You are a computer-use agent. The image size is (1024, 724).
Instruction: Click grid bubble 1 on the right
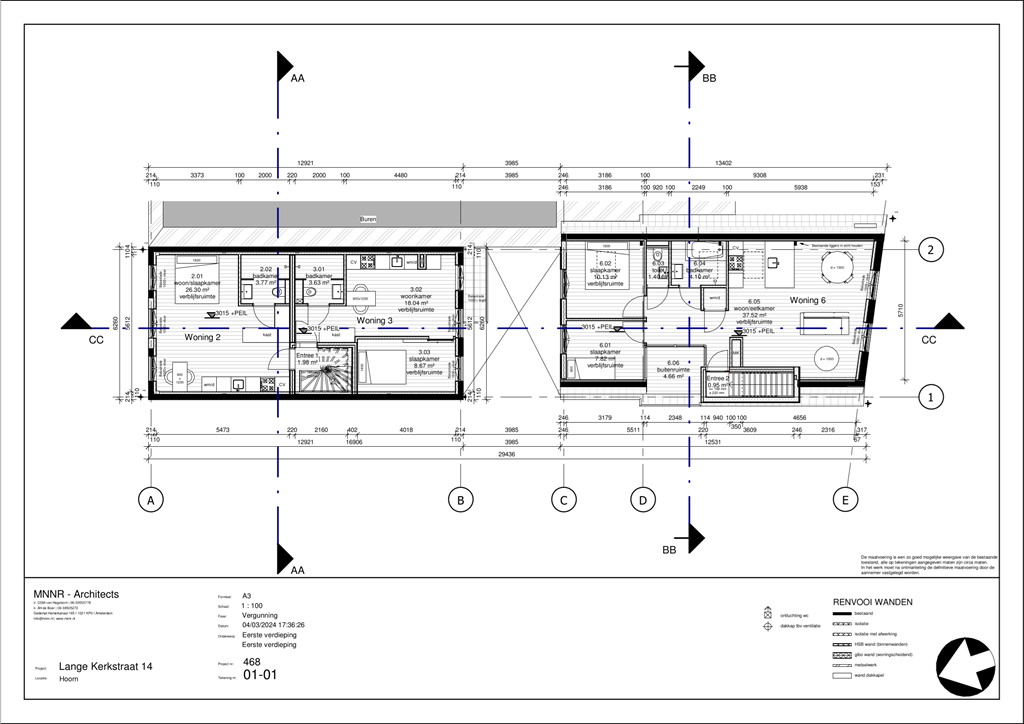tap(931, 397)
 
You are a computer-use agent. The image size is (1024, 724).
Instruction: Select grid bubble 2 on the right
tap(931, 250)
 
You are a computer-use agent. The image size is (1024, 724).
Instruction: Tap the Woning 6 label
tap(807, 300)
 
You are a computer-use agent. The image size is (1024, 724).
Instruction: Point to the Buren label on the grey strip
tap(369, 219)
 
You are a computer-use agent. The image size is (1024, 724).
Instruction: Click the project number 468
tap(252, 662)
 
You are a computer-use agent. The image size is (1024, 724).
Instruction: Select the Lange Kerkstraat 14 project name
tap(105, 666)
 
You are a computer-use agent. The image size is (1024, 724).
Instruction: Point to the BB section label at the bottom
tap(670, 550)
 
